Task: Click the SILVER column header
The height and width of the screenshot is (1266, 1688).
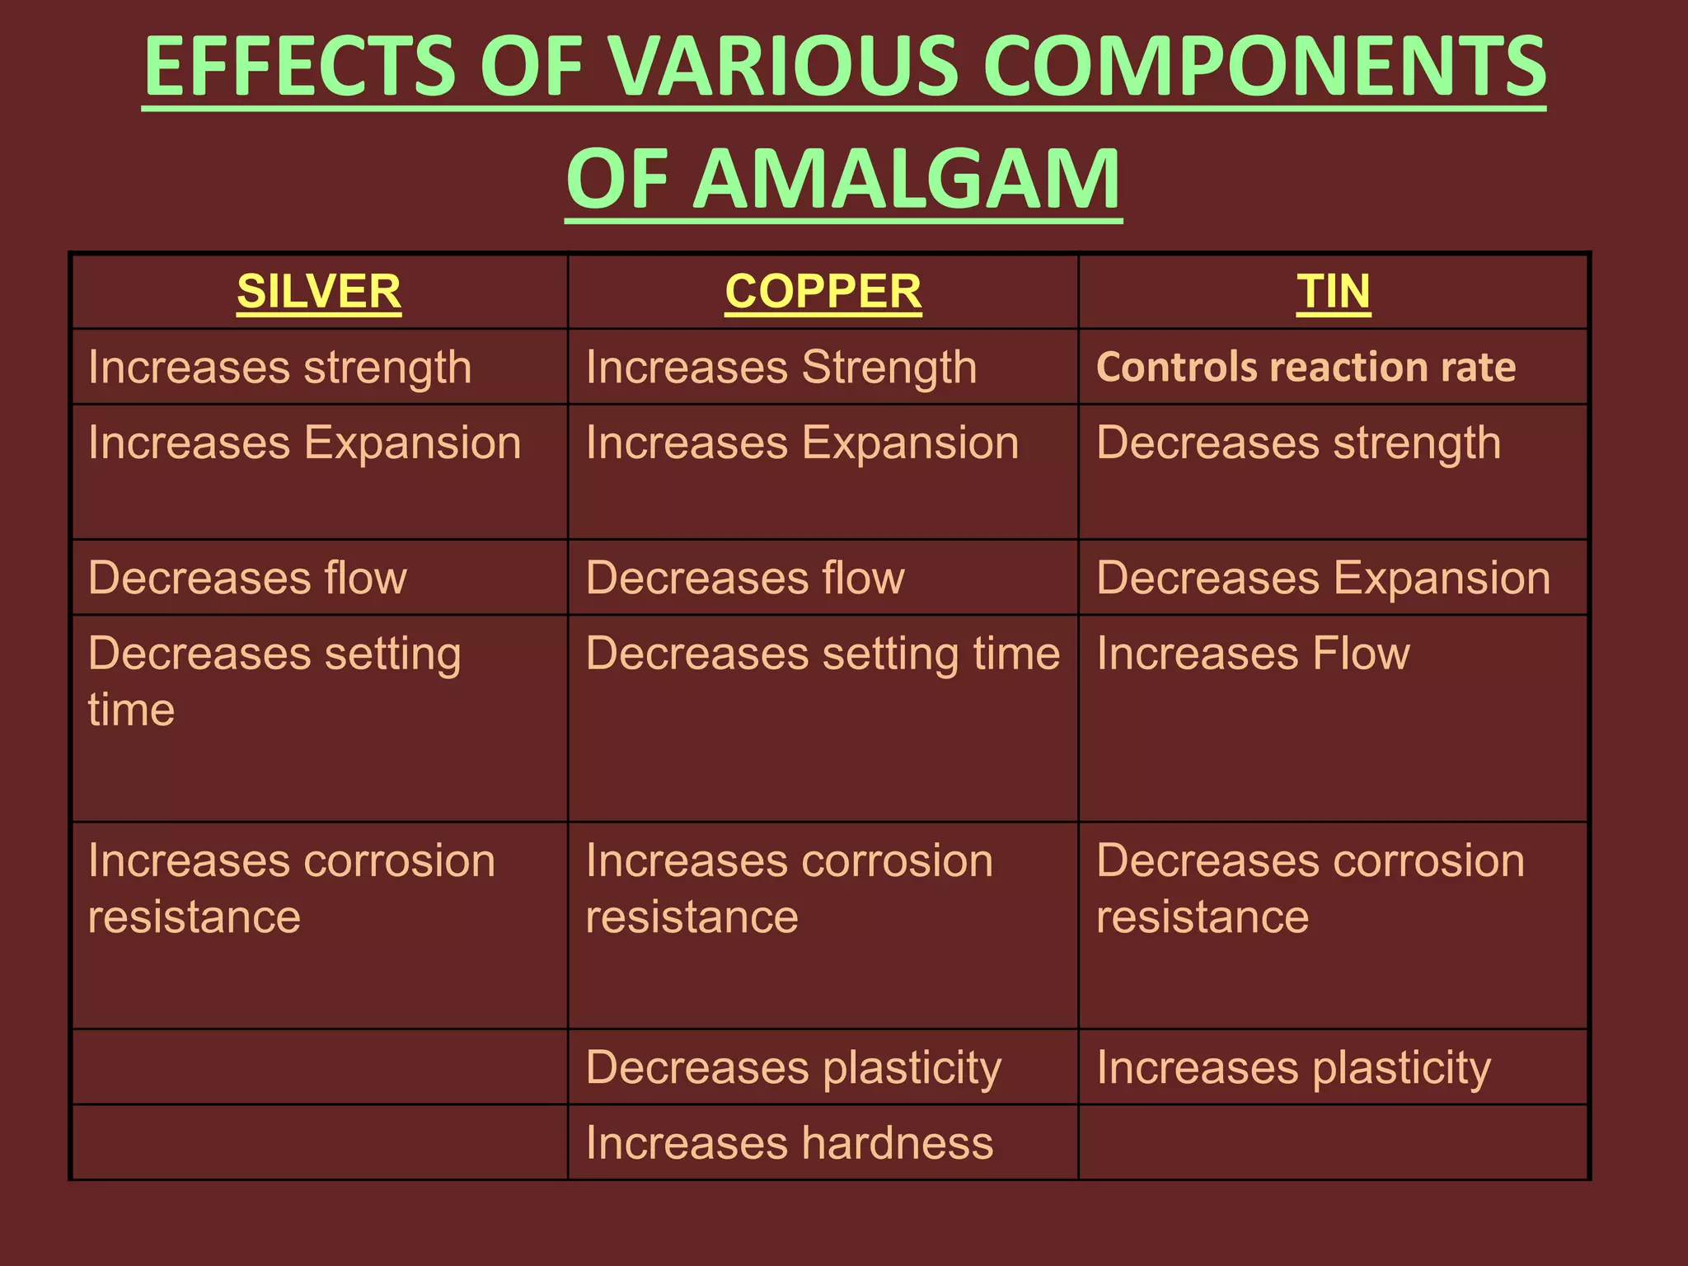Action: [x=319, y=292]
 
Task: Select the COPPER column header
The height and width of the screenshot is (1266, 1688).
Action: [x=823, y=292]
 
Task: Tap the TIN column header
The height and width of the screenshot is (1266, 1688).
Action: [x=1333, y=292]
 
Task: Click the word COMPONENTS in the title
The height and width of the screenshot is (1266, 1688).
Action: [x=1264, y=66]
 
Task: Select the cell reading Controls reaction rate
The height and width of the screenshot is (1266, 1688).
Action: [x=1306, y=367]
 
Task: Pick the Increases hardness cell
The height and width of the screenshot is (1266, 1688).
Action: [x=789, y=1143]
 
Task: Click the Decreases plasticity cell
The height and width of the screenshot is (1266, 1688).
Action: [x=793, y=1067]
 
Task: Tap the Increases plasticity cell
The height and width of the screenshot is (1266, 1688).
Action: [x=1293, y=1067]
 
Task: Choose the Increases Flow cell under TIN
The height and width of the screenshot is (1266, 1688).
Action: [x=1253, y=654]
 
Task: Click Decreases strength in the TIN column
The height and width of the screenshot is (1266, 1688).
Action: [x=1298, y=443]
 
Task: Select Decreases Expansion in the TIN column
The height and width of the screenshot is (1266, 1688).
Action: [x=1323, y=578]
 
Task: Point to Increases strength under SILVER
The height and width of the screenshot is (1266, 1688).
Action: [x=279, y=367]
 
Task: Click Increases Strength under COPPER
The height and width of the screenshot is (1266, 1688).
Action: [x=781, y=367]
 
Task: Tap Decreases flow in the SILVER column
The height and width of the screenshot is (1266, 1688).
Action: [x=247, y=578]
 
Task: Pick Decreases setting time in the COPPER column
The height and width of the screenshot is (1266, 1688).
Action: [x=822, y=654]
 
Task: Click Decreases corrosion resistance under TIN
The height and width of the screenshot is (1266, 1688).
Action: [x=1310, y=889]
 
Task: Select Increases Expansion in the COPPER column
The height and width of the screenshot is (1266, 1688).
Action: [x=802, y=443]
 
